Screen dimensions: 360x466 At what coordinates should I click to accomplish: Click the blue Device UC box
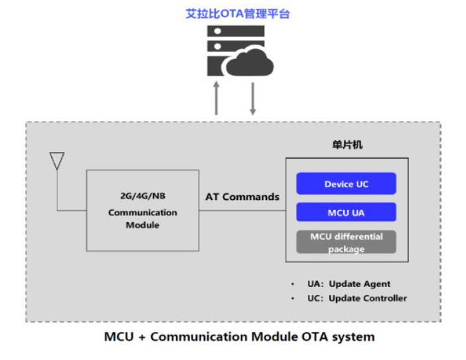click(x=347, y=184)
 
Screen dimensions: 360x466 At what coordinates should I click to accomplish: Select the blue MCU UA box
click(x=347, y=212)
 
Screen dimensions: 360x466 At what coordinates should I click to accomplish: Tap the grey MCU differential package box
click(x=347, y=242)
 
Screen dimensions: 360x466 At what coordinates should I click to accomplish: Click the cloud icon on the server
click(x=249, y=63)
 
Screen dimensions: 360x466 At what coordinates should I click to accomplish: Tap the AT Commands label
click(x=242, y=197)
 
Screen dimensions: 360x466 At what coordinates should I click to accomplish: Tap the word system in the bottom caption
click(x=355, y=337)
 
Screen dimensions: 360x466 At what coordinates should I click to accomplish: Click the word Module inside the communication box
click(x=143, y=225)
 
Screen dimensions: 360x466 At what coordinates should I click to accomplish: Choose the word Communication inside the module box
click(x=143, y=213)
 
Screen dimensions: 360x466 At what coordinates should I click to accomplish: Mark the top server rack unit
click(x=235, y=31)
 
